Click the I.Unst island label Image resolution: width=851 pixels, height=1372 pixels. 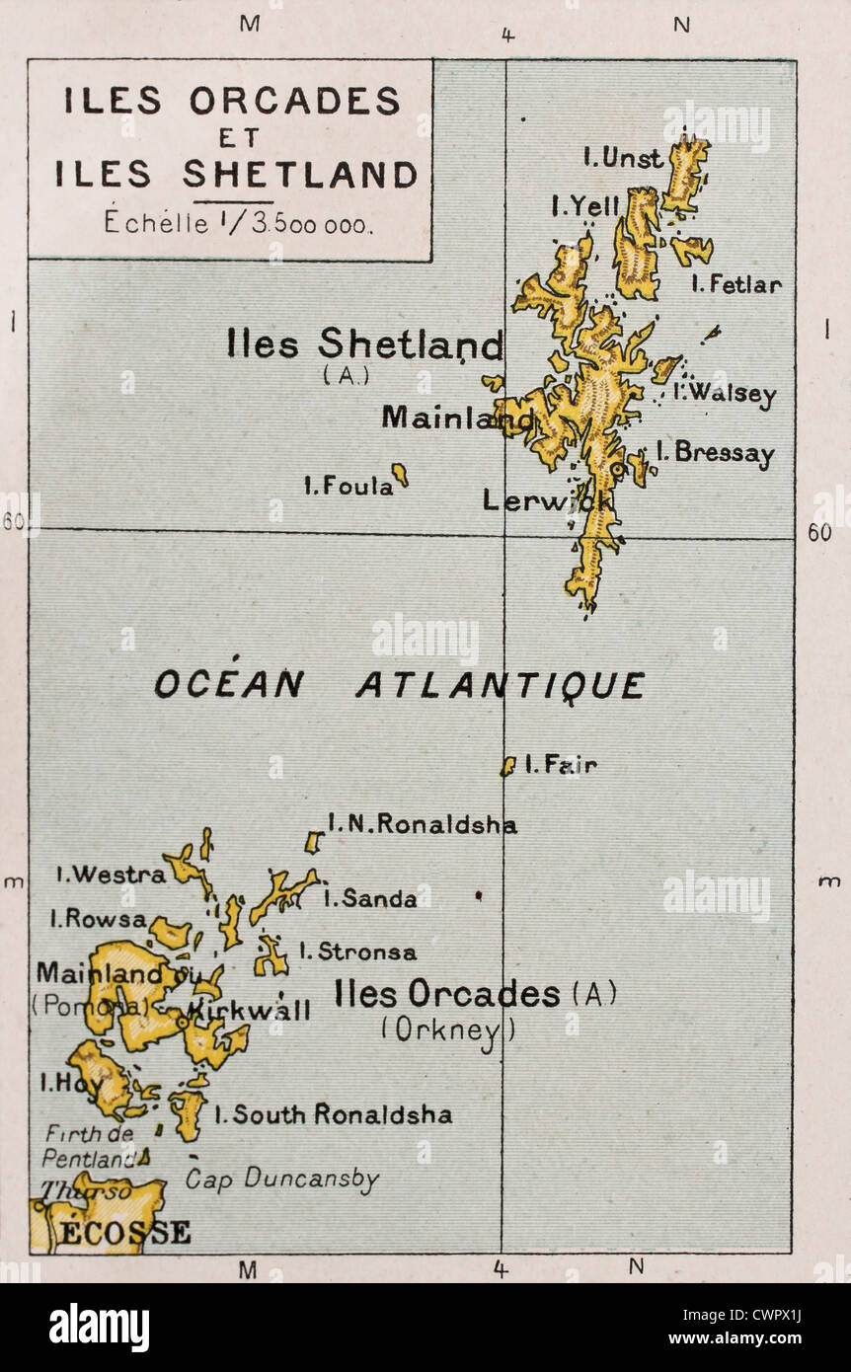622,158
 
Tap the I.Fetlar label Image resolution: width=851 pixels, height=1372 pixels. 736,285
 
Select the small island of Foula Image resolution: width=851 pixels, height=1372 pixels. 400,475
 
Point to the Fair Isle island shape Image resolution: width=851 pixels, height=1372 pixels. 507,766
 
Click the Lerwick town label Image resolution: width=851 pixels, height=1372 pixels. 546,501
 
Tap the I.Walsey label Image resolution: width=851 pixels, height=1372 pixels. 725,393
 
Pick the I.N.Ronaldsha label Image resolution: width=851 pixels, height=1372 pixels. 422,824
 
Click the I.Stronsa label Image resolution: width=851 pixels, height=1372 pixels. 357,952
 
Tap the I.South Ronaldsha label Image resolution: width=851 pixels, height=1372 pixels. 334,1115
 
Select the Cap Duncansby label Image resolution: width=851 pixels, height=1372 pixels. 282,1179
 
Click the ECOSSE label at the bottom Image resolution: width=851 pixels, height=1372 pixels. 123,1233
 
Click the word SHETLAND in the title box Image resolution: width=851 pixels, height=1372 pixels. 300,176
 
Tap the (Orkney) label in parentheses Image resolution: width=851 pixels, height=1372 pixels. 449,1030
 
